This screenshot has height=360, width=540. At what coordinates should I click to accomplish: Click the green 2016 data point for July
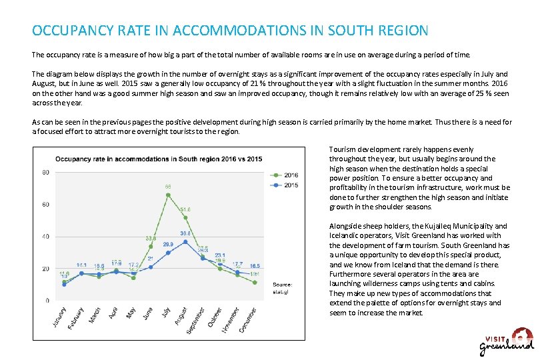click(x=168, y=195)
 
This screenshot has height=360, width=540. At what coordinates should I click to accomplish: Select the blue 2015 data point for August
click(x=185, y=241)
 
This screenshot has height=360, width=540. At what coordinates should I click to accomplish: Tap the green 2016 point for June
click(x=151, y=246)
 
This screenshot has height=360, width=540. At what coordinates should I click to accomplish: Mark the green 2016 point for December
click(x=255, y=282)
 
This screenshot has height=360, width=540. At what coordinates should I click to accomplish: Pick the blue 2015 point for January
click(x=64, y=285)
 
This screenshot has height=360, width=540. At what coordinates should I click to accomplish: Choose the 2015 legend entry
click(x=290, y=184)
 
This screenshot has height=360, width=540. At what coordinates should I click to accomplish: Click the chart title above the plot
click(x=158, y=159)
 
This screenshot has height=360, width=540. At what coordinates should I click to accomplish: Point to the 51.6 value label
click(x=185, y=209)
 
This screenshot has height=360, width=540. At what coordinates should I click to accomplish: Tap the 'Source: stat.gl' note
click(x=282, y=287)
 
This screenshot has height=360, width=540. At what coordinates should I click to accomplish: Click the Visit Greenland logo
click(x=506, y=341)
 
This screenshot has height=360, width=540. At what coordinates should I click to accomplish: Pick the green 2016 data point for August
click(x=185, y=217)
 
